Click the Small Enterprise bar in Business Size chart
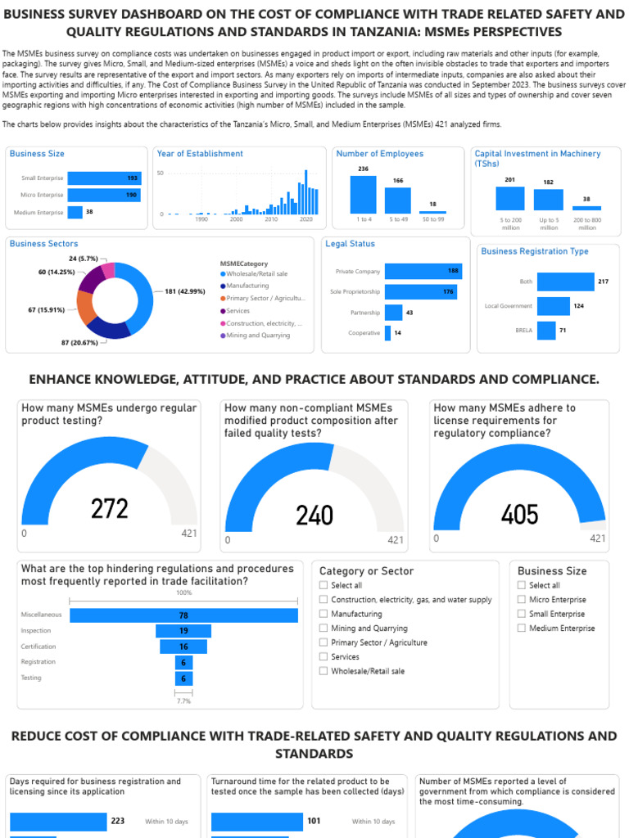click(104, 178)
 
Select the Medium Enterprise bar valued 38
click(75, 212)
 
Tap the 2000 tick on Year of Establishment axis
click(236, 219)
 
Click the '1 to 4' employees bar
click(363, 194)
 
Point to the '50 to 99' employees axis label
click(432, 219)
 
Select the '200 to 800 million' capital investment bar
click(586, 208)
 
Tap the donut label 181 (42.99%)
click(185, 291)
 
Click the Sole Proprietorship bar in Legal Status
click(420, 291)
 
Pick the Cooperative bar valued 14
click(389, 333)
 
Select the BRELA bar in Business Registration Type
click(546, 330)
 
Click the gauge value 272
click(110, 509)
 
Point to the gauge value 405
click(520, 515)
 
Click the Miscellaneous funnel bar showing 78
click(183, 615)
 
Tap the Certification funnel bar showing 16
click(183, 647)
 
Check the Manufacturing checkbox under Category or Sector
click(324, 614)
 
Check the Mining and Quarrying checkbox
click(324, 628)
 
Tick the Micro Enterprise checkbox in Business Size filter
click(522, 600)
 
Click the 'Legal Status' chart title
click(350, 244)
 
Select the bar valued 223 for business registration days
click(58, 821)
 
